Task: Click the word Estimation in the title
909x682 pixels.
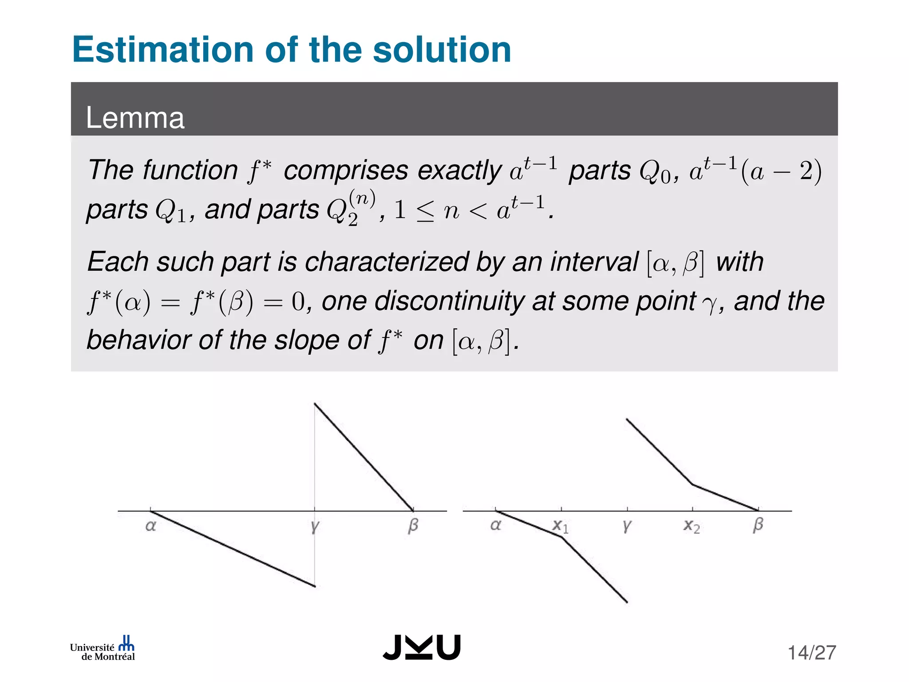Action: point(162,50)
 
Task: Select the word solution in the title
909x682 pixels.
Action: point(442,50)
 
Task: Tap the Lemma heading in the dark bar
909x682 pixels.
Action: point(135,118)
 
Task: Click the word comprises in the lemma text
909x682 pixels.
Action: point(346,170)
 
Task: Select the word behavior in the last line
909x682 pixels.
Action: point(138,340)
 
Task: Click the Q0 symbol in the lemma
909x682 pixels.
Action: point(655,171)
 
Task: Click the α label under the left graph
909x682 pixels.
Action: point(151,526)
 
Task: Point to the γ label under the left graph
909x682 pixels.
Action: point(315,527)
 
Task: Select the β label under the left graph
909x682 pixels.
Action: point(413,525)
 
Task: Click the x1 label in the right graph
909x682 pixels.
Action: point(560,526)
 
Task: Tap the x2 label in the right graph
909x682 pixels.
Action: point(692,526)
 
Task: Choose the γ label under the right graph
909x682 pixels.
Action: point(626,526)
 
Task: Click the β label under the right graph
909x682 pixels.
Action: point(758,525)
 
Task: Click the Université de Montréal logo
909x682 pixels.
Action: point(103,649)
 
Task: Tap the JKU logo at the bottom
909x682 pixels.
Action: point(422,647)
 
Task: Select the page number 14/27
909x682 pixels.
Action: point(812,653)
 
